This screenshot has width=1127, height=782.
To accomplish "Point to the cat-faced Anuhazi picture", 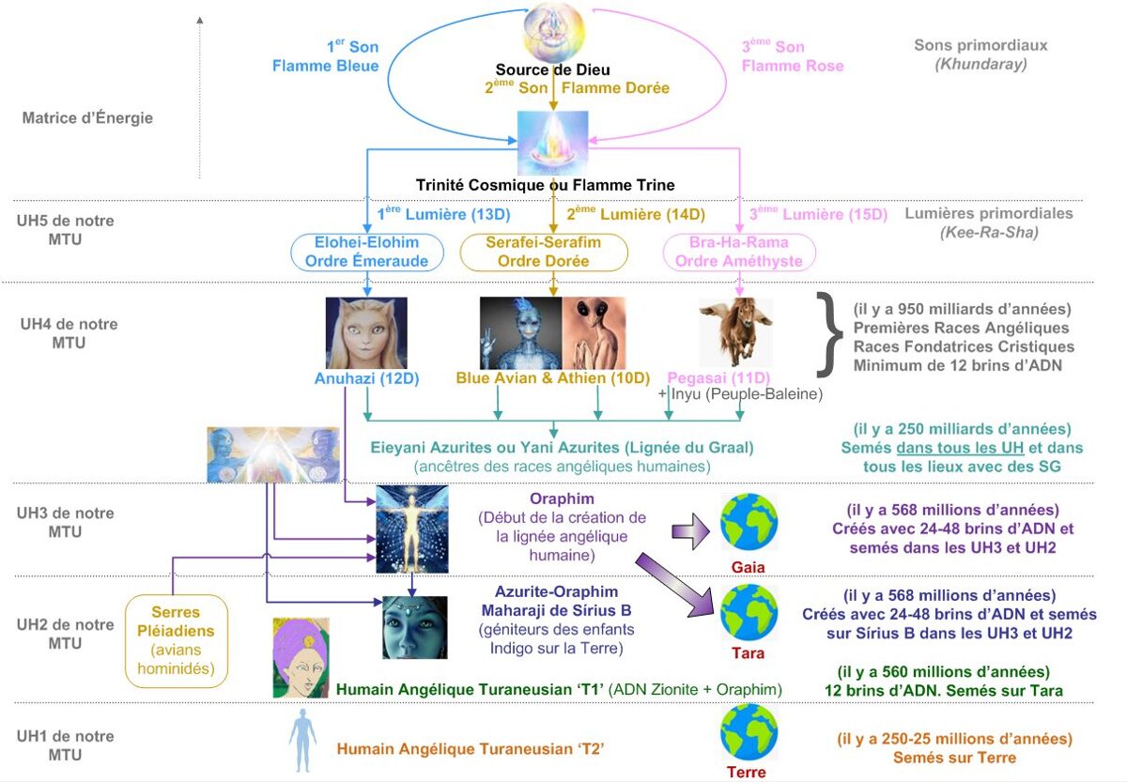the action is click(x=366, y=333).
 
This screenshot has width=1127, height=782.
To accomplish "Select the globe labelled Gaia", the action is click(x=749, y=522).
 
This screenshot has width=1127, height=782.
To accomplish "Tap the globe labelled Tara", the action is click(x=749, y=612).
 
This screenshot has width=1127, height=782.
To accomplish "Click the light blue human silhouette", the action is click(x=302, y=741).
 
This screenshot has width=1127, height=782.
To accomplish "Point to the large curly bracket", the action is click(x=829, y=334).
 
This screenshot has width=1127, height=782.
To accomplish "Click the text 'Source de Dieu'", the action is click(x=552, y=69).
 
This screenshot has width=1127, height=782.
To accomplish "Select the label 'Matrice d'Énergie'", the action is click(x=87, y=117).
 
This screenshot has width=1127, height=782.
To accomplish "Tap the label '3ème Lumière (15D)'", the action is click(x=818, y=214).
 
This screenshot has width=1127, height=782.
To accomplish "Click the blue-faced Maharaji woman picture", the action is click(x=414, y=627).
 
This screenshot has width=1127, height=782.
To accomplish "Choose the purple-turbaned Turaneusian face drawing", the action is click(x=301, y=658).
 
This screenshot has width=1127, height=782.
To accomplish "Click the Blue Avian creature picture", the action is click(x=520, y=333).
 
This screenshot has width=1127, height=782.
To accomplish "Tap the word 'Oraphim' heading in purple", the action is click(x=562, y=498).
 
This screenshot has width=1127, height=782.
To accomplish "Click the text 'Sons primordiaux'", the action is click(x=980, y=45).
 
